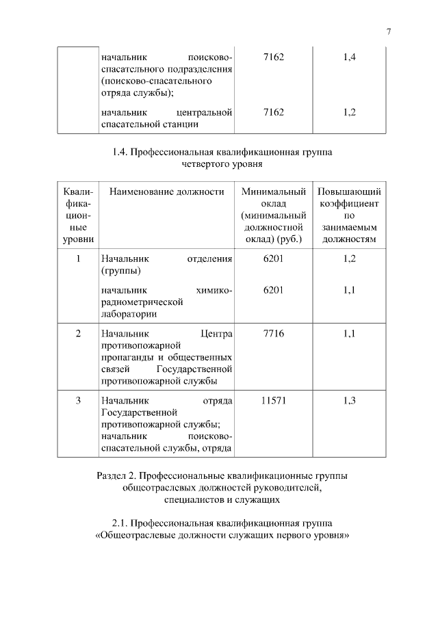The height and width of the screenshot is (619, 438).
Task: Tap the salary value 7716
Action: pyautogui.click(x=272, y=333)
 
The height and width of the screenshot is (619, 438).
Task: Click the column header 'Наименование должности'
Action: pyautogui.click(x=166, y=192)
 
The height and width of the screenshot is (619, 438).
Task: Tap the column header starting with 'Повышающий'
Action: pyautogui.click(x=349, y=192)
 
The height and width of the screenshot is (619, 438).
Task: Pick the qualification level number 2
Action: pyautogui.click(x=78, y=333)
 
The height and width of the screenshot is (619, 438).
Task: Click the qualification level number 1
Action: pyautogui.click(x=78, y=259)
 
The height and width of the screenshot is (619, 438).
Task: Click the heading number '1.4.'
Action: pyautogui.click(x=119, y=153)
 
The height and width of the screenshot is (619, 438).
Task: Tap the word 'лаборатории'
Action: pyautogui.click(x=129, y=315)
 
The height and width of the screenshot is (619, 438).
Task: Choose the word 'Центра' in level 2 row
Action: pyautogui.click(x=217, y=333)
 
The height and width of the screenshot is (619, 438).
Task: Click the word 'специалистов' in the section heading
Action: pyautogui.click(x=192, y=500)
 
